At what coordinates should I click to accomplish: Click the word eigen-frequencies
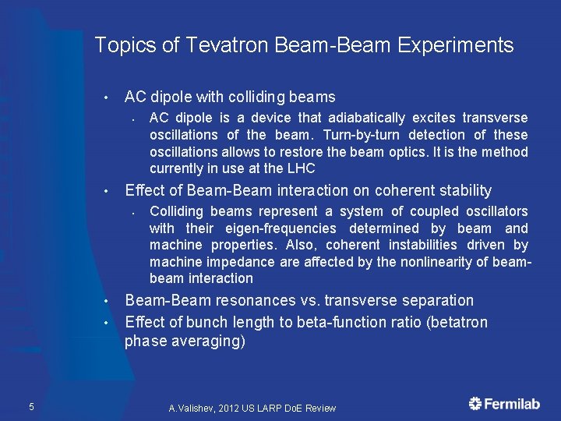coord(280,228)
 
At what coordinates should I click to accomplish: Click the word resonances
coord(278,301)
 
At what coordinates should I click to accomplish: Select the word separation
coord(439,301)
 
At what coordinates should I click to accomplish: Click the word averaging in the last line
coord(206,341)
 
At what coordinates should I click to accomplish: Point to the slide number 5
coord(30,405)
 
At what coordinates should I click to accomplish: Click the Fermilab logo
coord(503,404)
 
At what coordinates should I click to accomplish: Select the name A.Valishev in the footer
coord(195,409)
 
